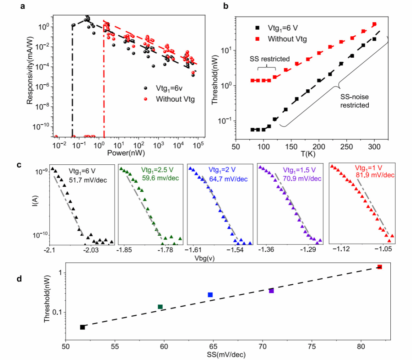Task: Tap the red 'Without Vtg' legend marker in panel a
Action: [x=147, y=99]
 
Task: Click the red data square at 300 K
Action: [x=374, y=24]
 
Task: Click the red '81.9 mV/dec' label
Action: [x=374, y=175]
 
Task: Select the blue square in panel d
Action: [x=210, y=295]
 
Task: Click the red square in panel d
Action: [x=380, y=267]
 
